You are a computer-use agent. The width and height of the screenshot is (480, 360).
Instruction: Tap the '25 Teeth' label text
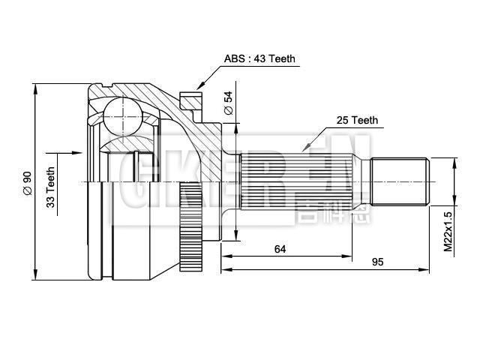tap(357, 120)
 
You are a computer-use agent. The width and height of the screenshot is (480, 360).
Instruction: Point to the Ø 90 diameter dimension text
tap(27, 183)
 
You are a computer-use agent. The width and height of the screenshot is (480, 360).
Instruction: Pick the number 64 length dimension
tap(280, 248)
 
